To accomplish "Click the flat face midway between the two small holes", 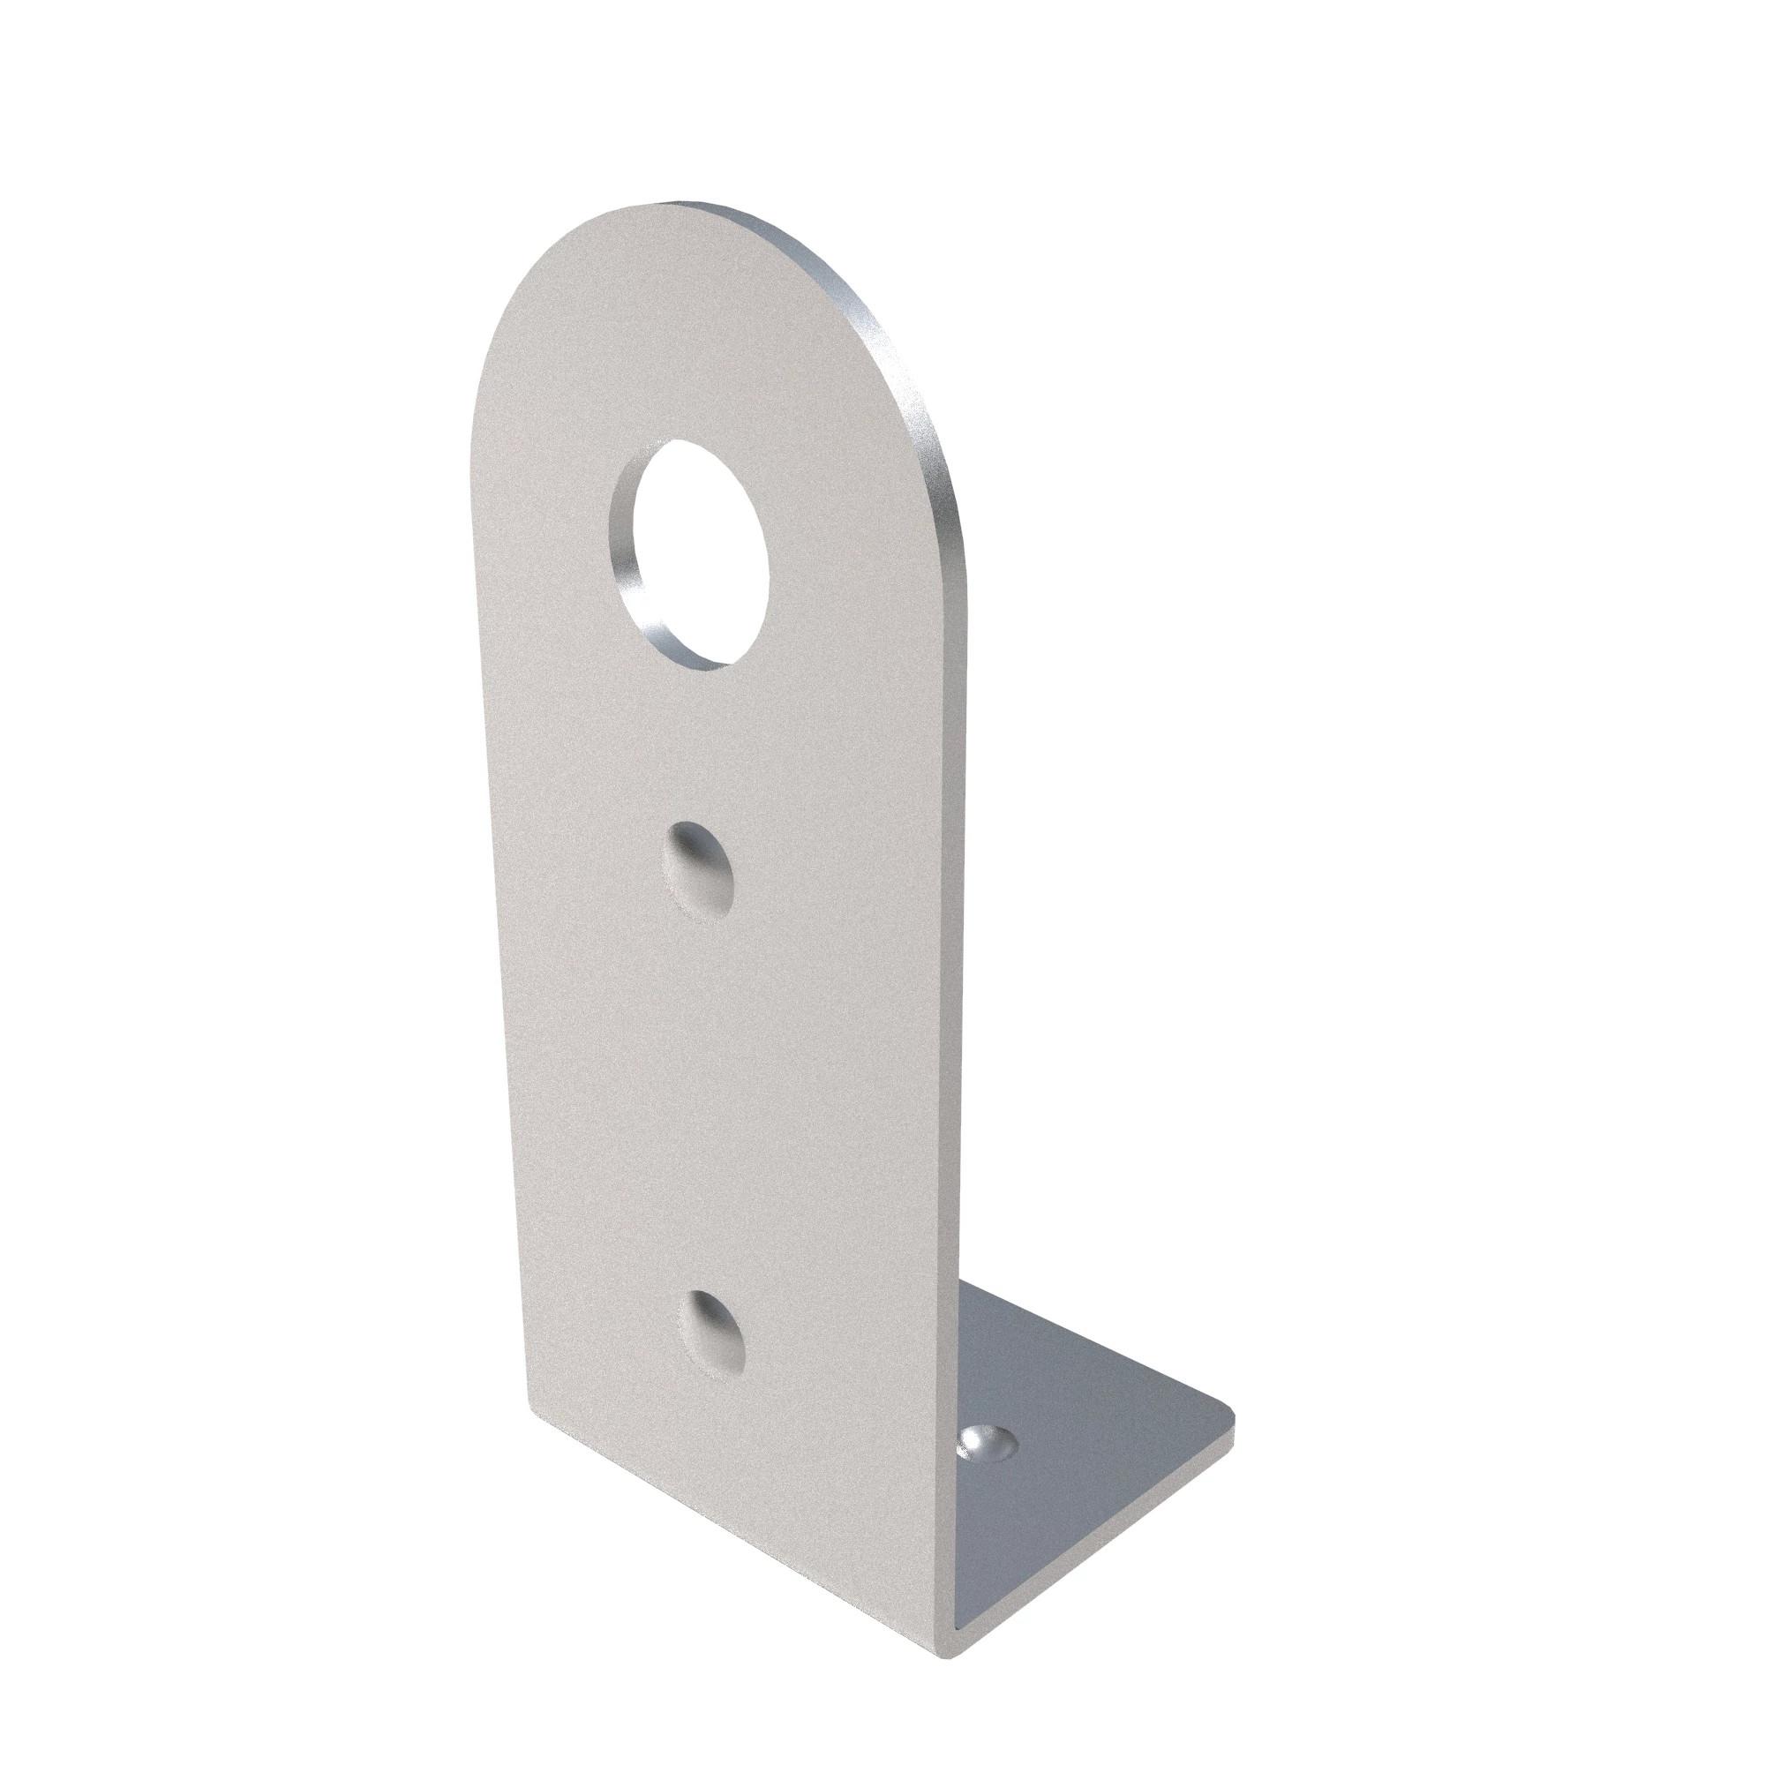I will pyautogui.click(x=708, y=1096).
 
